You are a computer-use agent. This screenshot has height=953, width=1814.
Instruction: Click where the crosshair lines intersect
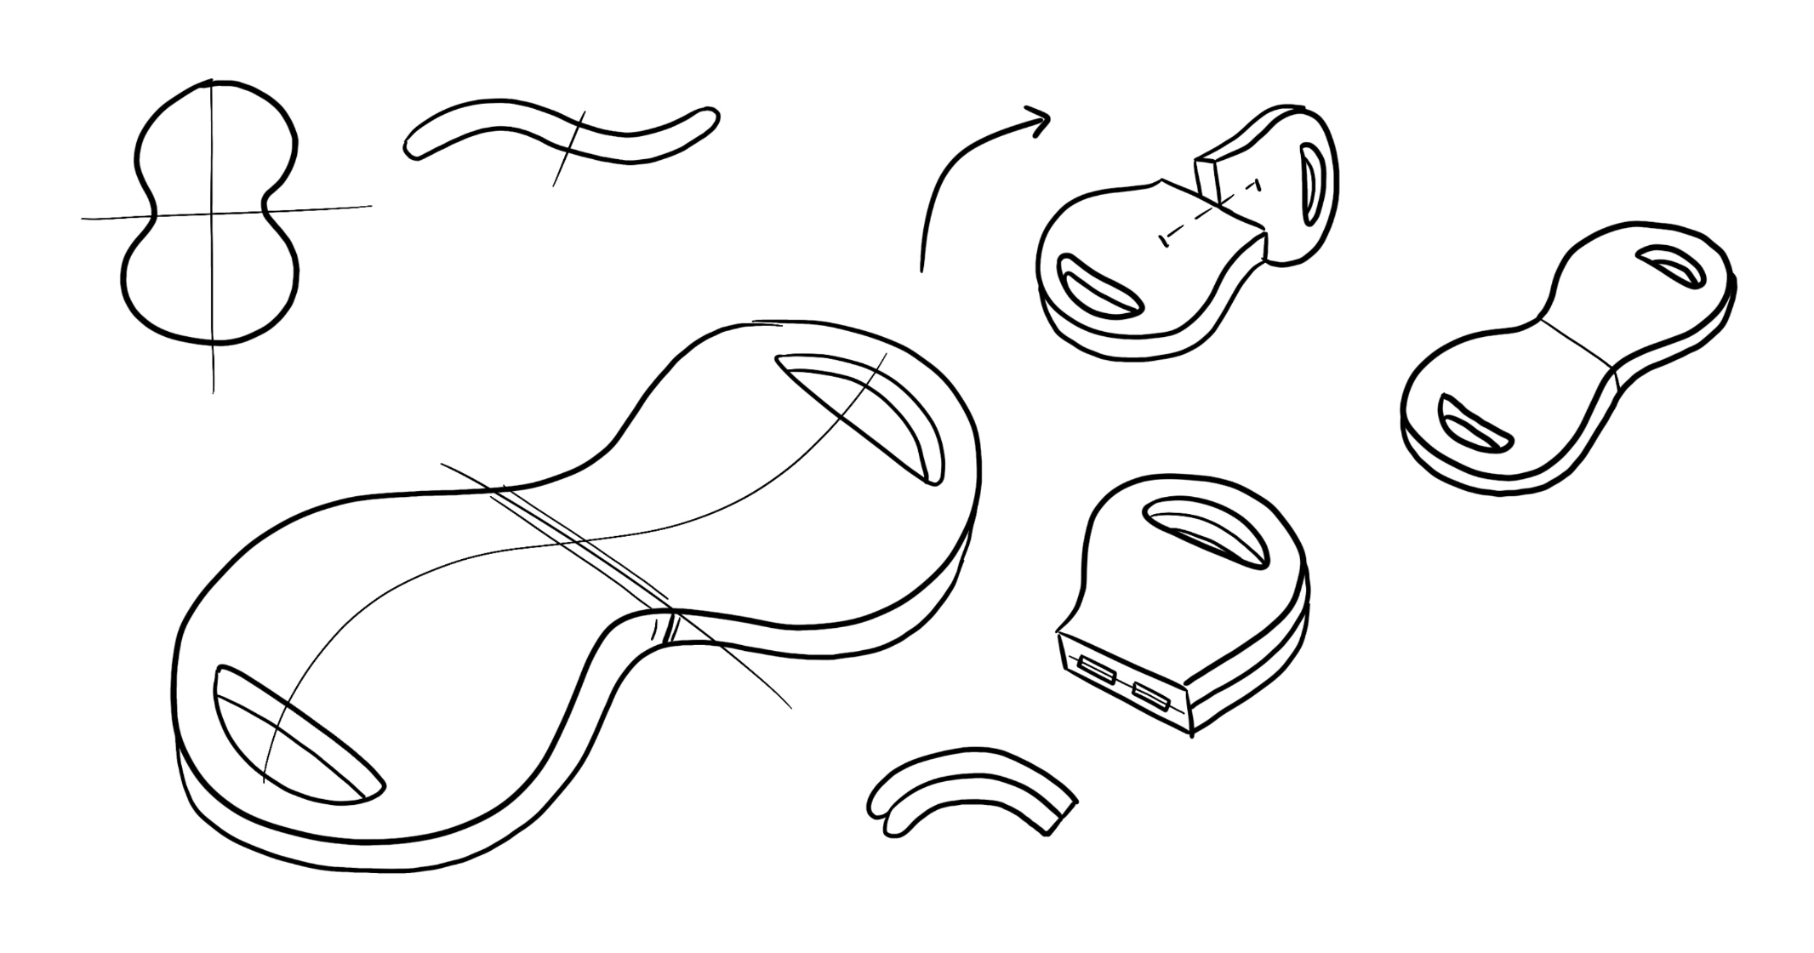click(x=212, y=212)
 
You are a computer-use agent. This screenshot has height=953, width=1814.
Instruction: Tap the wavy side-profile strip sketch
click(x=562, y=132)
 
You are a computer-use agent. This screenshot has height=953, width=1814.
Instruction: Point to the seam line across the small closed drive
click(x=1579, y=344)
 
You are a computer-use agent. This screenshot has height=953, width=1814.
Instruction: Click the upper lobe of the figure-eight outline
click(x=217, y=140)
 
